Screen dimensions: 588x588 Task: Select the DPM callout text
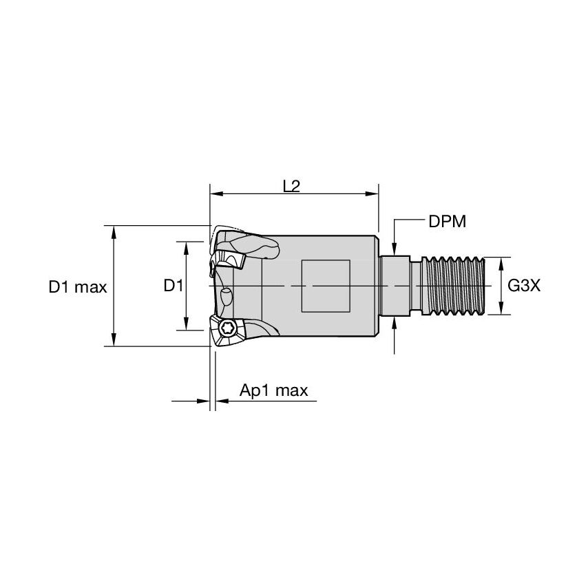(448, 221)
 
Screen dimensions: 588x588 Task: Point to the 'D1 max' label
(78, 286)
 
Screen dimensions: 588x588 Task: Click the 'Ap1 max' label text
(273, 391)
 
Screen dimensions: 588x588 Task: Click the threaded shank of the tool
(455, 286)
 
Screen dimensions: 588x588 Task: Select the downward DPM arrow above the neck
(395, 251)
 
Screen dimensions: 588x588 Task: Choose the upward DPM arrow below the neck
(395, 322)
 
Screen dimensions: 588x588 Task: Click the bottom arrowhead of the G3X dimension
(501, 311)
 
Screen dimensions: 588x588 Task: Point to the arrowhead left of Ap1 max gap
(204, 400)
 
